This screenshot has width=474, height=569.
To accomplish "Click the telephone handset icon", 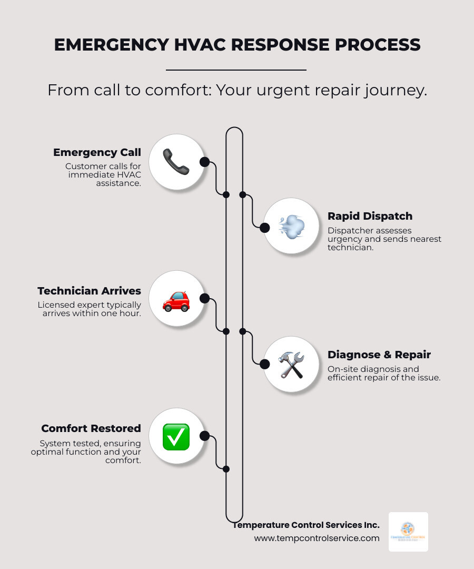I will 176,162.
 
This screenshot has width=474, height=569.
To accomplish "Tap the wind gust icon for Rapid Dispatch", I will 291,227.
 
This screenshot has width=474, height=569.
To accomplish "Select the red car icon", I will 176,300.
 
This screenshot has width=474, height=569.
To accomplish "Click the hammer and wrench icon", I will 291,365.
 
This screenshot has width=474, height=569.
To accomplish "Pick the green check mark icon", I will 176,437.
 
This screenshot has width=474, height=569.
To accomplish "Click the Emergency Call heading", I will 97,153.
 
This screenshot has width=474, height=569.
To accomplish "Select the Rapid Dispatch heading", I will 370,216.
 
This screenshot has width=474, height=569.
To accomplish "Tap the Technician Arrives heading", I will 89,291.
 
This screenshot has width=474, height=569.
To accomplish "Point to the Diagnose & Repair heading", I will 379,355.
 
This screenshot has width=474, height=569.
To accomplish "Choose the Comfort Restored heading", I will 91,428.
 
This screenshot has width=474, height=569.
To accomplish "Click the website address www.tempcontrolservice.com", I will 317,538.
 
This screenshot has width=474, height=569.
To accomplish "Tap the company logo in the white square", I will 408,532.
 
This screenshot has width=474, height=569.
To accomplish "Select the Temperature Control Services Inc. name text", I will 306,525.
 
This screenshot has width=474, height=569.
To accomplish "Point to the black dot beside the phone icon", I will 205,162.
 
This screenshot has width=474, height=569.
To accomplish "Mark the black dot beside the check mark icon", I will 205,436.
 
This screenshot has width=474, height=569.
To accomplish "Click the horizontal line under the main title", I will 236,70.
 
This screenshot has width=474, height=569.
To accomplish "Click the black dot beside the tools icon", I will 264,364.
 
